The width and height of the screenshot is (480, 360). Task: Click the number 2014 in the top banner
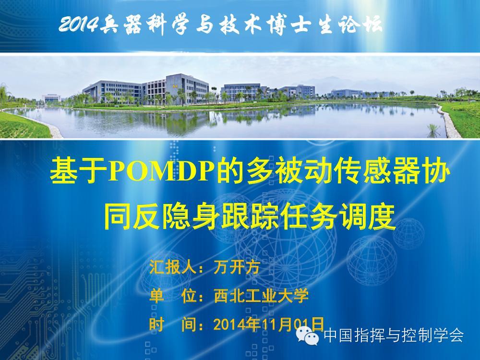point(79,24)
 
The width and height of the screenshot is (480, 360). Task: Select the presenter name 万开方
point(237,267)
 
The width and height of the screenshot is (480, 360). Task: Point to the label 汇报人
point(172,267)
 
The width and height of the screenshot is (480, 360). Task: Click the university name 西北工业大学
point(261,296)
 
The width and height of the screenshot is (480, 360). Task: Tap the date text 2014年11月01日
point(268,324)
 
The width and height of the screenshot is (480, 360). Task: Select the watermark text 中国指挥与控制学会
point(394,335)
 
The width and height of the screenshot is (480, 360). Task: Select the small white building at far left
point(51,98)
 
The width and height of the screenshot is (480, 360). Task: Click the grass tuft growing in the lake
point(432,131)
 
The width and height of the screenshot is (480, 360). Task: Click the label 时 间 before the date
point(172,324)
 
